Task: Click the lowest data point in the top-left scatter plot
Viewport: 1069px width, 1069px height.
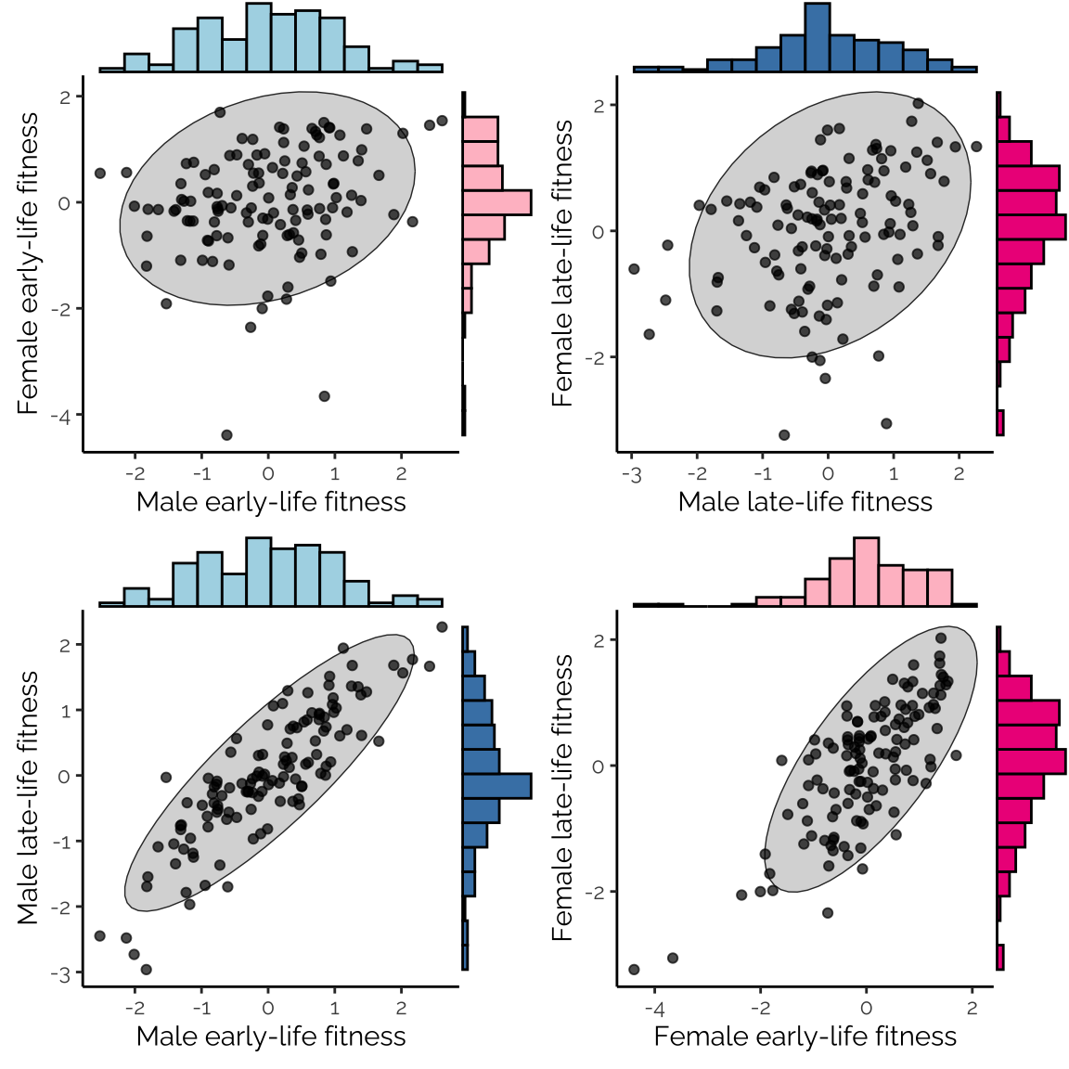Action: click(226, 434)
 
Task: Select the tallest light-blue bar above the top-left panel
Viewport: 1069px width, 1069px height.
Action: click(259, 37)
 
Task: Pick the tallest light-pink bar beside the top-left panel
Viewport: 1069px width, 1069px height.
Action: click(496, 202)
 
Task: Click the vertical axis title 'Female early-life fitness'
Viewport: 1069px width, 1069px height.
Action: click(28, 264)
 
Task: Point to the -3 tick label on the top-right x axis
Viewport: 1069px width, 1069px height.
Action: click(632, 475)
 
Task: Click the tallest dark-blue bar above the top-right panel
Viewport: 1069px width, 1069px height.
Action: click(818, 37)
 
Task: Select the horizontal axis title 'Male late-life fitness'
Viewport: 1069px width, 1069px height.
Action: click(805, 502)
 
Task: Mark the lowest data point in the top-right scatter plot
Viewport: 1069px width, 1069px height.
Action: click(784, 434)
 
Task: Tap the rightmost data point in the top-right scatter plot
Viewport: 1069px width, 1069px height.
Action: click(976, 147)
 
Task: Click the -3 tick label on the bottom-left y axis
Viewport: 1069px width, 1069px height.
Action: click(63, 973)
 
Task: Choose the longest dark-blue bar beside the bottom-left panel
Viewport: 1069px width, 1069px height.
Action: click(496, 786)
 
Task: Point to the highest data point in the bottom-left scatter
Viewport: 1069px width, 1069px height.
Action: click(442, 627)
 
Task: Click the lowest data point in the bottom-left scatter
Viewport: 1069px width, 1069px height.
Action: click(146, 970)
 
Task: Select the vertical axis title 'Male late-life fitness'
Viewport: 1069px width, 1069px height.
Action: click(28, 797)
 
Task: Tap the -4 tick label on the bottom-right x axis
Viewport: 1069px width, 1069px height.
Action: click(654, 1010)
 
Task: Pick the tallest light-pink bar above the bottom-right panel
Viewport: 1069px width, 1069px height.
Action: click(866, 571)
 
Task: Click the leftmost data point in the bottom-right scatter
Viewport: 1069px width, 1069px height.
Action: click(634, 970)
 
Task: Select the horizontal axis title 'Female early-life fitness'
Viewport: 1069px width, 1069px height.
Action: click(805, 1037)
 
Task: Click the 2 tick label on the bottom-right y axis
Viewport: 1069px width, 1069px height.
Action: click(599, 640)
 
